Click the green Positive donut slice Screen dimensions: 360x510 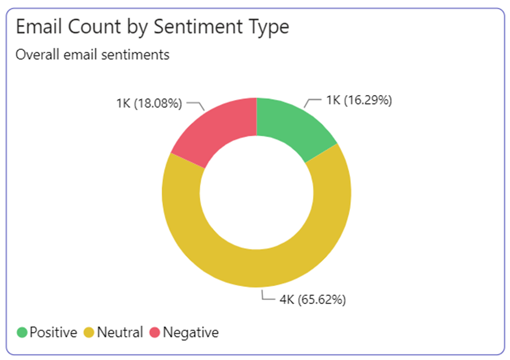pyautogui.click(x=290, y=125)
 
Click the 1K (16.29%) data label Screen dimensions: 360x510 pyautogui.click(x=359, y=100)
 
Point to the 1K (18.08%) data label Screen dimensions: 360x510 pyautogui.click(x=149, y=103)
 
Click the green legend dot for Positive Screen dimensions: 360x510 pyautogui.click(x=22, y=332)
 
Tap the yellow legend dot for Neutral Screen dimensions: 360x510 pyautogui.click(x=90, y=332)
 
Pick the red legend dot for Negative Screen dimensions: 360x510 pyautogui.click(x=155, y=332)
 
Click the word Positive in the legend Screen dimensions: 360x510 pyautogui.click(x=53, y=332)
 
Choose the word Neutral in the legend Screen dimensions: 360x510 pyautogui.click(x=120, y=332)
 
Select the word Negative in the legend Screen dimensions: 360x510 pyautogui.click(x=190, y=332)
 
